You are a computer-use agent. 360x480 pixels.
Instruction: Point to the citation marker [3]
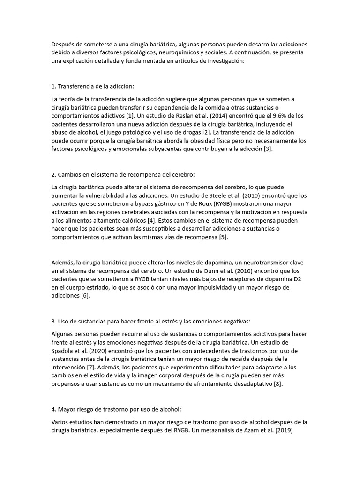coord(267,149)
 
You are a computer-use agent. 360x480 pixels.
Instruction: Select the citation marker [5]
coord(223,237)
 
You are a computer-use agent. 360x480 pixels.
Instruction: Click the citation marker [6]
coord(85,296)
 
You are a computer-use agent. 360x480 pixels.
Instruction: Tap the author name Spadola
coord(62,351)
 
